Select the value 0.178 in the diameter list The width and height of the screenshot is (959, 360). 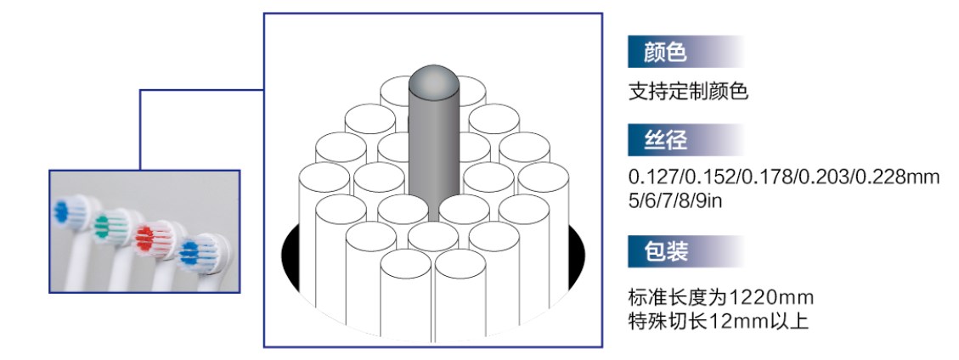coord(760,177)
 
